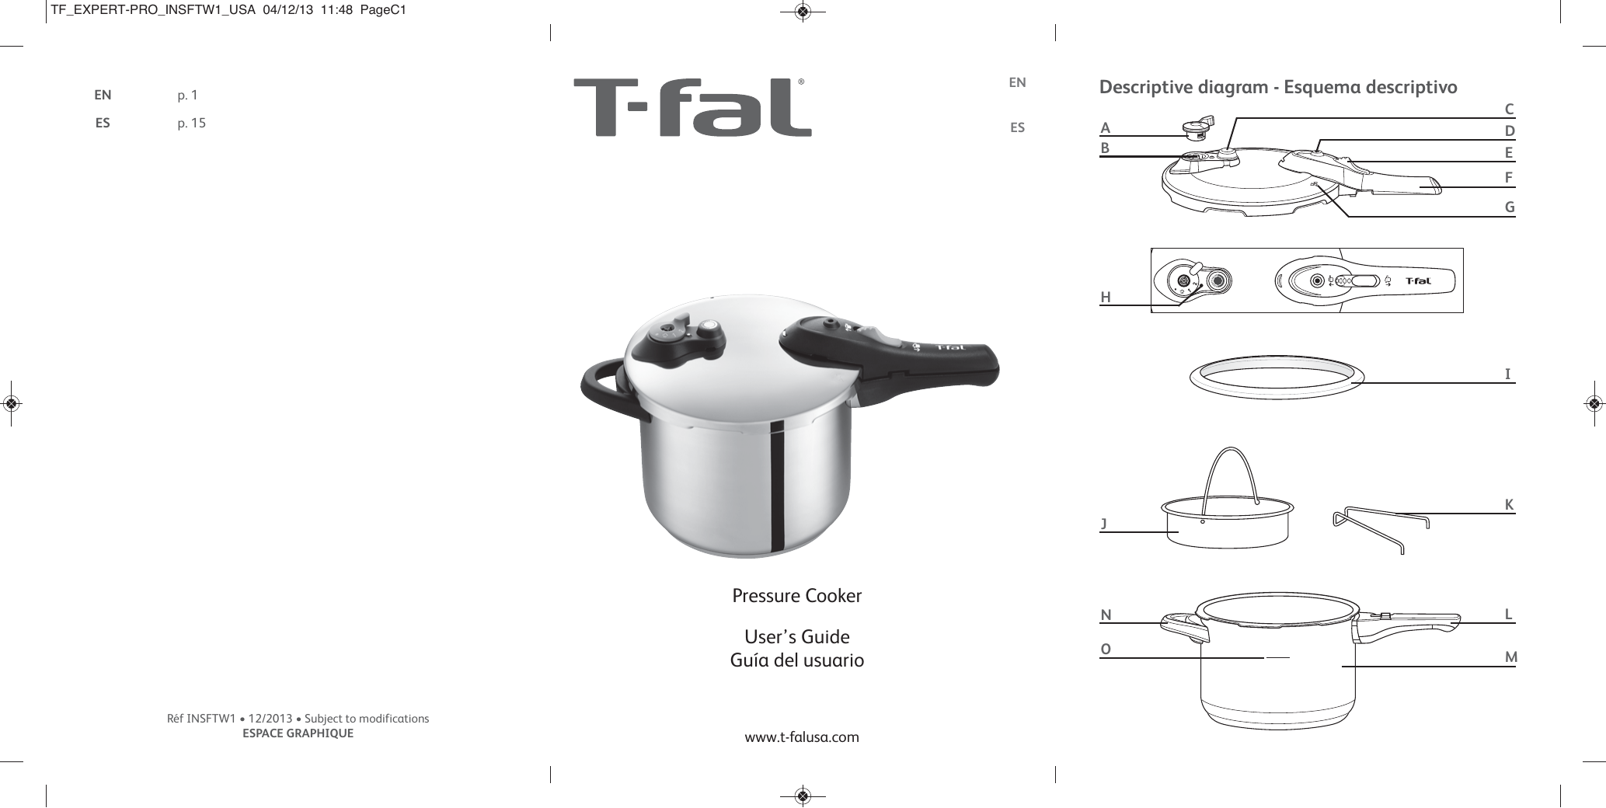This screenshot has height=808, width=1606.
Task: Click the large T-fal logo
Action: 692,108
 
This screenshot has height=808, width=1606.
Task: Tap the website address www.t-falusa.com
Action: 802,737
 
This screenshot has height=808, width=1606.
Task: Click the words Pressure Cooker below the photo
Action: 797,597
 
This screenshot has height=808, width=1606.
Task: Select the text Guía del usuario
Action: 797,661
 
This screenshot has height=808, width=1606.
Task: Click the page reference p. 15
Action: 191,123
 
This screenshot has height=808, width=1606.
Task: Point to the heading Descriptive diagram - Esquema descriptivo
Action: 1278,87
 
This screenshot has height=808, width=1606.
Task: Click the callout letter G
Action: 1510,207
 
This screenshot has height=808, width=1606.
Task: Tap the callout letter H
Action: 1105,298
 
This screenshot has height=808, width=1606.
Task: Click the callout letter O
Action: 1106,649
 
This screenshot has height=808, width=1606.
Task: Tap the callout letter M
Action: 1510,657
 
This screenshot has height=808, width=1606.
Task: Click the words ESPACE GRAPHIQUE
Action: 298,733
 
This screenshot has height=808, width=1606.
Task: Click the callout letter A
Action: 1106,128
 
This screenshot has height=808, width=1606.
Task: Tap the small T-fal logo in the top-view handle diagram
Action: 1420,281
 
